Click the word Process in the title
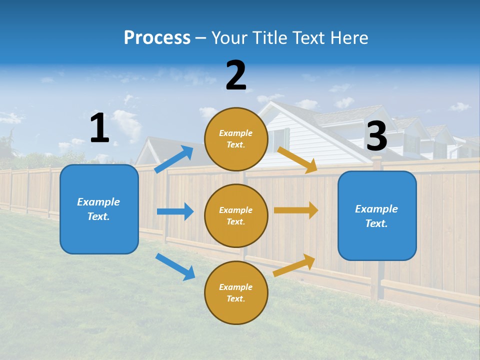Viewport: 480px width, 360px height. click(x=157, y=38)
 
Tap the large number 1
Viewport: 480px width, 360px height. click(x=99, y=128)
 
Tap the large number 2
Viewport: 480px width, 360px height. click(x=236, y=75)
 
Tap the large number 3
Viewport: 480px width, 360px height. click(x=376, y=136)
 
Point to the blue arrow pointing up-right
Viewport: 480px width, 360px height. click(x=174, y=159)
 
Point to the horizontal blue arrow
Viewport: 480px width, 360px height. click(x=175, y=211)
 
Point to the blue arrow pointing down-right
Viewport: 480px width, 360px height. click(x=175, y=266)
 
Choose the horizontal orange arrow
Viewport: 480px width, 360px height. click(x=296, y=210)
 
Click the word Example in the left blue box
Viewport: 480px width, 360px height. click(x=98, y=202)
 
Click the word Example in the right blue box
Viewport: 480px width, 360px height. click(x=376, y=209)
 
